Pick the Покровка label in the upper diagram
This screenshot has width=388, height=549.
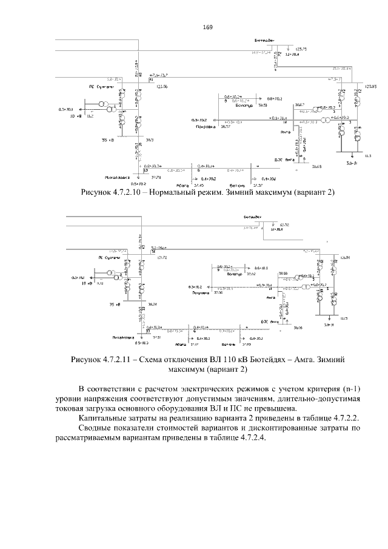click(202, 126)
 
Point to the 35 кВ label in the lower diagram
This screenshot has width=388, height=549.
click(116, 304)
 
